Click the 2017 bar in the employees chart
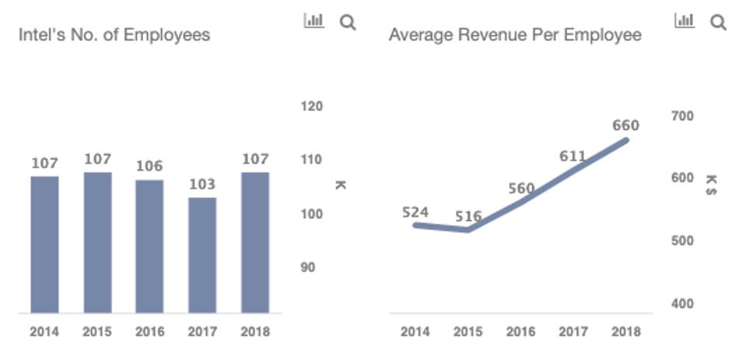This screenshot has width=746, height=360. click(x=202, y=255)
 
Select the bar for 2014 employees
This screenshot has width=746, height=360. click(x=44, y=245)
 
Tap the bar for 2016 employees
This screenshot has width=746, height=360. click(x=150, y=246)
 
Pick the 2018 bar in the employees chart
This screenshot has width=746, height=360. click(x=255, y=242)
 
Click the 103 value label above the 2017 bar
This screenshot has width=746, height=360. click(x=202, y=185)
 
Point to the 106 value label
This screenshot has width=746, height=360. click(x=150, y=166)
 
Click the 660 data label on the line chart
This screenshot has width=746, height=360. click(x=625, y=125)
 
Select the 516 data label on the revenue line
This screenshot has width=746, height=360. click(x=468, y=217)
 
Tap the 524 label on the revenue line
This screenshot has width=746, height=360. click(x=416, y=211)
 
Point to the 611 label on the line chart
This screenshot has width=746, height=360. click(x=572, y=157)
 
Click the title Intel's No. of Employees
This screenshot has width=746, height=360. click(x=114, y=35)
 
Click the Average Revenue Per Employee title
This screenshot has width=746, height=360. click(x=516, y=35)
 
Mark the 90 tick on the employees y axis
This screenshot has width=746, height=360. click(x=308, y=267)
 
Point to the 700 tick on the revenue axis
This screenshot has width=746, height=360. click(x=682, y=115)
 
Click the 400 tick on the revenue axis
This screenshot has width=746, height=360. click(x=682, y=304)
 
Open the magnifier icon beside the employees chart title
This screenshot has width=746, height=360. click(x=348, y=23)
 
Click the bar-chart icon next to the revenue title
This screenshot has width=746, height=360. click(x=684, y=21)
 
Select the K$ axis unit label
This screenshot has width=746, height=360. click(x=711, y=185)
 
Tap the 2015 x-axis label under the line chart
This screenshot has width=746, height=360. click(x=468, y=332)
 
